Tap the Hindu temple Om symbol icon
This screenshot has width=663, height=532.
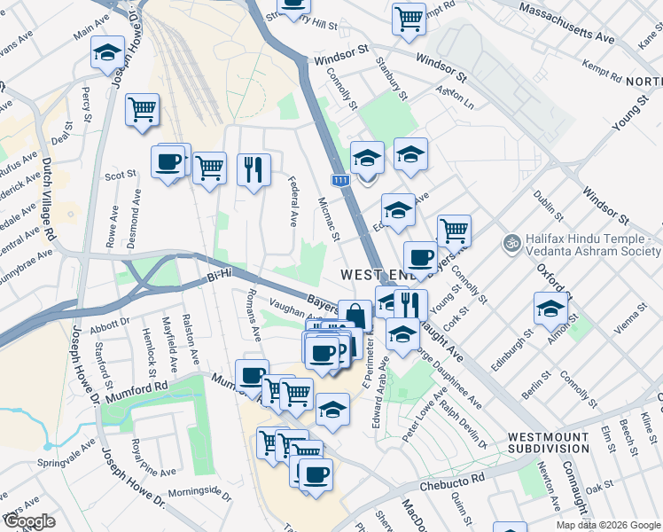pyautogui.click(x=511, y=242)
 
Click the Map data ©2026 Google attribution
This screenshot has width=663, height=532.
pyautogui.click(x=607, y=525)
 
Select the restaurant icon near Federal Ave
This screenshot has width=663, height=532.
pyautogui.click(x=253, y=168)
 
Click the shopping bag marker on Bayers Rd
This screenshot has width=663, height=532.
pyautogui.click(x=355, y=316)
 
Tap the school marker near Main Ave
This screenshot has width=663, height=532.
pyautogui.click(x=107, y=52)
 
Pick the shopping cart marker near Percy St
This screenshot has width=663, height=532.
pyautogui.click(x=142, y=110)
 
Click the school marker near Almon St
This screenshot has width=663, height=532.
pyautogui.click(x=550, y=309)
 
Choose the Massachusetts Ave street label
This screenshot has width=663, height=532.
pyautogui.click(x=567, y=24)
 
